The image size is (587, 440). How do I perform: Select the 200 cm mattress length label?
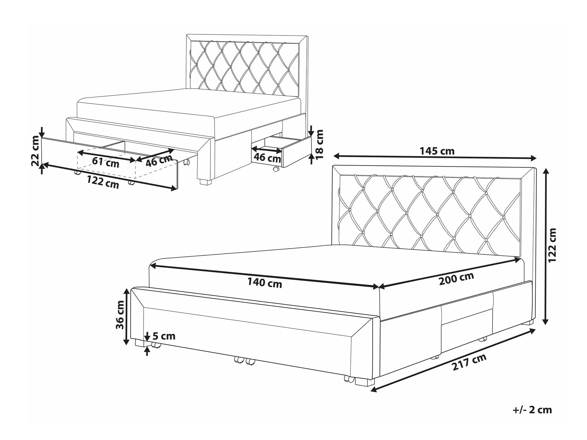pos(457,279)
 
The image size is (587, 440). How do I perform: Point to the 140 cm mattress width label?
pos(264,283)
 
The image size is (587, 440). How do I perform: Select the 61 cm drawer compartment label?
pos(106,162)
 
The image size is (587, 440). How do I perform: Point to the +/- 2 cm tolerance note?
pos(532,410)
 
